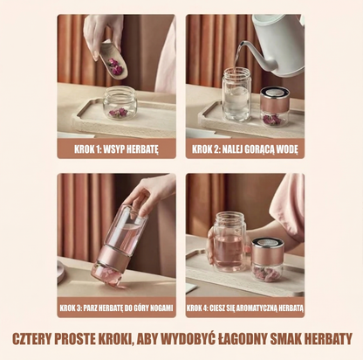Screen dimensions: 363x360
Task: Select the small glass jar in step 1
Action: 120,103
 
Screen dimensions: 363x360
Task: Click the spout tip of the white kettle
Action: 241,44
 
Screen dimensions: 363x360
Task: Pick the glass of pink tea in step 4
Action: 229,242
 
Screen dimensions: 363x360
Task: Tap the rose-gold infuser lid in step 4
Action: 267,251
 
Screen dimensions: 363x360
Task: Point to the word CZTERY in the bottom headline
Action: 31,339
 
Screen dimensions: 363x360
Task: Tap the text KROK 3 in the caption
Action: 71,308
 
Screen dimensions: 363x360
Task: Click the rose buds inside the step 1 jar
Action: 118,113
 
